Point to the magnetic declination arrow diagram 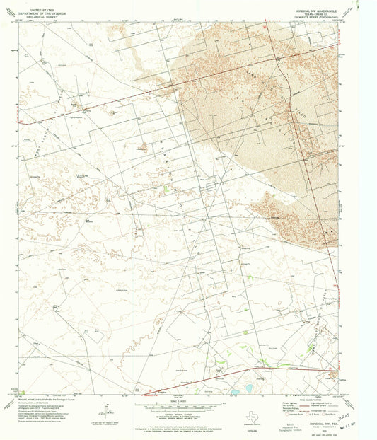(x=105, y=409)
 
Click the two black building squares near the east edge (x=327, y=231)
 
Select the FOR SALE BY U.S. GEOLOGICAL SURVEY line (x=170, y=422)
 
